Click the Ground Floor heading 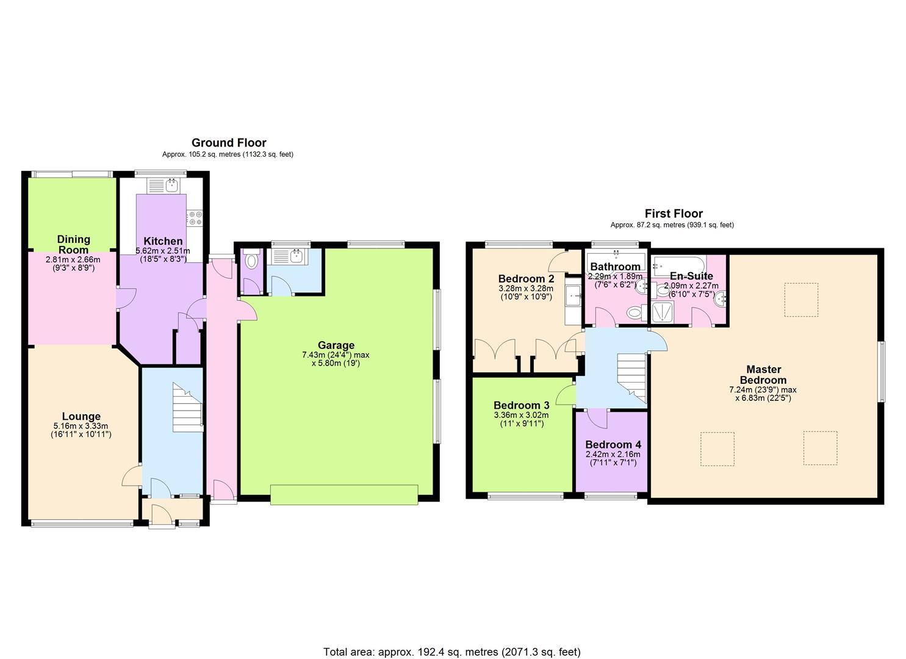[229, 143]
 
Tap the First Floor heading [674, 214]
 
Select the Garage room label [336, 345]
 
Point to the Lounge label [81, 416]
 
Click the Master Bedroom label [763, 375]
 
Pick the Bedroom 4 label [613, 445]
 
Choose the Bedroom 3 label [522, 405]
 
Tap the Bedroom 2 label [526, 279]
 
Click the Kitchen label [163, 241]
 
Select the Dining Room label [73, 244]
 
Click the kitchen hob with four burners [195, 218]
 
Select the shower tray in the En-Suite [663, 312]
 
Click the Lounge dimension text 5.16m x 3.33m [81, 426]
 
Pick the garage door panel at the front [344, 494]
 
